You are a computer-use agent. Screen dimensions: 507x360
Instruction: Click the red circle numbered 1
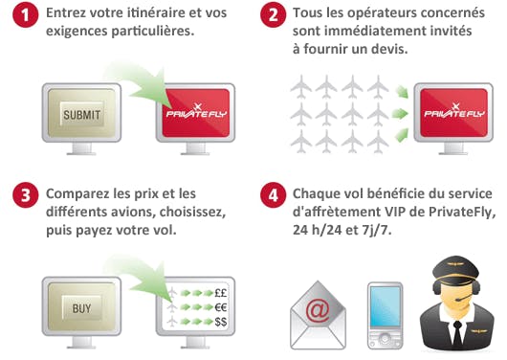pyautogui.click(x=25, y=14)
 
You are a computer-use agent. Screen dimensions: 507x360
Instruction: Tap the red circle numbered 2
pyautogui.click(x=274, y=14)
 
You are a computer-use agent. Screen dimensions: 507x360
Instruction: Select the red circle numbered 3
pyautogui.click(x=25, y=195)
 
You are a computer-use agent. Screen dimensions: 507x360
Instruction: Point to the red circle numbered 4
pyautogui.click(x=274, y=195)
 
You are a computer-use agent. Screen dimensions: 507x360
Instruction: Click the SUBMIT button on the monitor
pyautogui.click(x=82, y=115)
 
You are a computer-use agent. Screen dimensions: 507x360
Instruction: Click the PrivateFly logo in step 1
pyautogui.click(x=196, y=111)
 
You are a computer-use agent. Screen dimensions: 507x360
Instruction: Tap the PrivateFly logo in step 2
pyautogui.click(x=454, y=111)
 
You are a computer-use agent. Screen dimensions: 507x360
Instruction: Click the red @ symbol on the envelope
pyautogui.click(x=318, y=310)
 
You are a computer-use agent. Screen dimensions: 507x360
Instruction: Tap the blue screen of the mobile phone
pyautogui.click(x=385, y=306)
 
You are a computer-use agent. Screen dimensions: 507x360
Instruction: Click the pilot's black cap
pyautogui.click(x=455, y=271)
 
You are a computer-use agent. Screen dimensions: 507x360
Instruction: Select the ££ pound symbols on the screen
pyautogui.click(x=221, y=293)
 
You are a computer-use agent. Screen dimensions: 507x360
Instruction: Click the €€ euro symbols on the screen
pyautogui.click(x=221, y=307)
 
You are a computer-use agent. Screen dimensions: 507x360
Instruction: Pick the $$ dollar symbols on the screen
pyautogui.click(x=221, y=322)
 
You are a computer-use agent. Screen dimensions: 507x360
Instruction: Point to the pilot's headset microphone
pyautogui.click(x=463, y=298)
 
